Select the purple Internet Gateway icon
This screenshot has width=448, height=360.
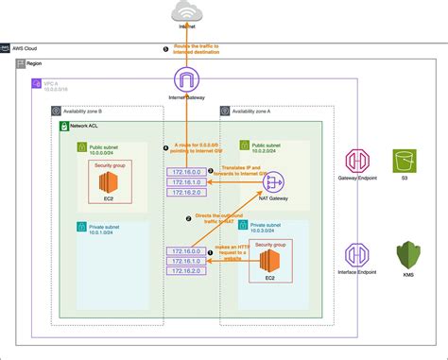[x=189, y=79]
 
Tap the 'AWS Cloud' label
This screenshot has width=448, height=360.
[x=27, y=46]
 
